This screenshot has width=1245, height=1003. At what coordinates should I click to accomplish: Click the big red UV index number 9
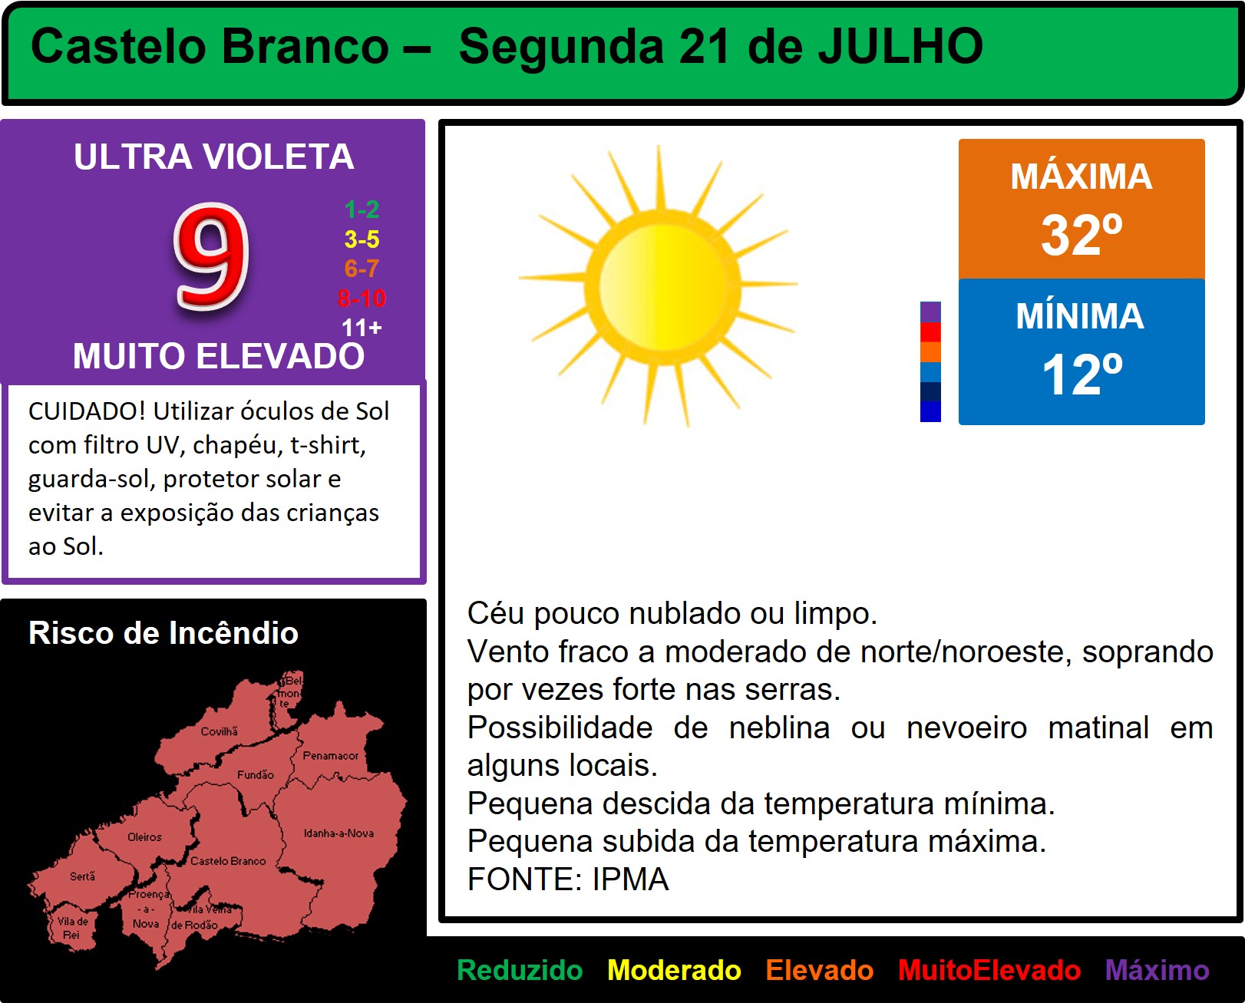212,257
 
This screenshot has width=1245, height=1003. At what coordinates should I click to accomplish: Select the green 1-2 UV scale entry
362,210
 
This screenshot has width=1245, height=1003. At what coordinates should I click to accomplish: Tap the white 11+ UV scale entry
362,328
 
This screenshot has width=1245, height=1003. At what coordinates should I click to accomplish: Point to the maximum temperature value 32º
1082,234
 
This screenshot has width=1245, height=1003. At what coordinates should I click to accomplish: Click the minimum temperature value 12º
1082,374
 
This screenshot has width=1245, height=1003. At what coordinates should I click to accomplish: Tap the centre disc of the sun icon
662,286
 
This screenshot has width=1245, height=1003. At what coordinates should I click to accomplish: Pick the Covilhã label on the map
220,731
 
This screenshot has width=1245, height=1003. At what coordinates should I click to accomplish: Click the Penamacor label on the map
331,755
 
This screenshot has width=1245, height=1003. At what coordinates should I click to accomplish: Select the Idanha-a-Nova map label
339,833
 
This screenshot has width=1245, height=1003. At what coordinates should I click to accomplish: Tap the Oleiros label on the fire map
144,837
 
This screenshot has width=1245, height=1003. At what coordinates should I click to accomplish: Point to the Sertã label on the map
82,876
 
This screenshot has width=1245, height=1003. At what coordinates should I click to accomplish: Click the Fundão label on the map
255,774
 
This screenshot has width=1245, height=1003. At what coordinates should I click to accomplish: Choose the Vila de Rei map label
72,928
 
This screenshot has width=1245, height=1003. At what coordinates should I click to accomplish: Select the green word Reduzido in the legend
520,970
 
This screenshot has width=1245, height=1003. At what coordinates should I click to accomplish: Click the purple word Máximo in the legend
1157,970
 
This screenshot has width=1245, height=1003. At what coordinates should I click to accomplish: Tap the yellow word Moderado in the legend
674,970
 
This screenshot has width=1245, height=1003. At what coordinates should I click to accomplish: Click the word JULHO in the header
900,46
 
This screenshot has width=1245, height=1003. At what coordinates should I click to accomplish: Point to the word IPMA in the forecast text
631,879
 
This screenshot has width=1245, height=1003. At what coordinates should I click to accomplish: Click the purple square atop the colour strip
930,312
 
